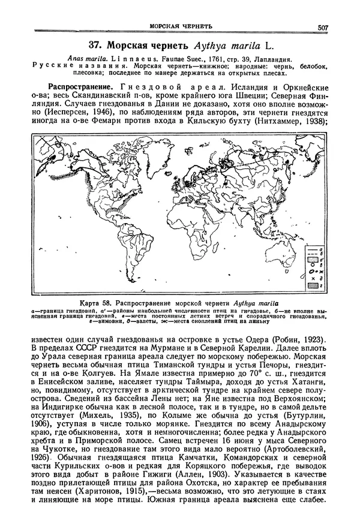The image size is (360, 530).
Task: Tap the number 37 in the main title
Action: (x=96, y=45)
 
